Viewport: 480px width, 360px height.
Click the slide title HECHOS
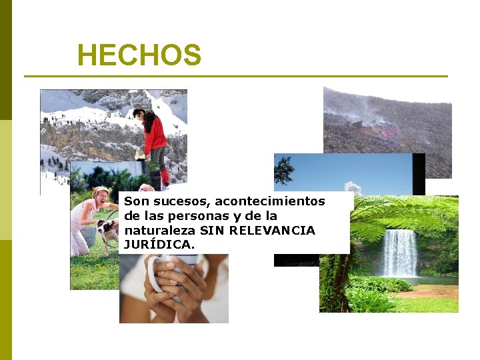139,55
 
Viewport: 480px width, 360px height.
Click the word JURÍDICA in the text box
159,245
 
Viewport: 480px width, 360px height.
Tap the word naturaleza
157,230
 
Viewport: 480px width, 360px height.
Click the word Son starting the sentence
137,201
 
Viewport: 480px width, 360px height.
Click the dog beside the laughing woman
107,231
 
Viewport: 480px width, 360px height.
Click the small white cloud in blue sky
352,187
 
